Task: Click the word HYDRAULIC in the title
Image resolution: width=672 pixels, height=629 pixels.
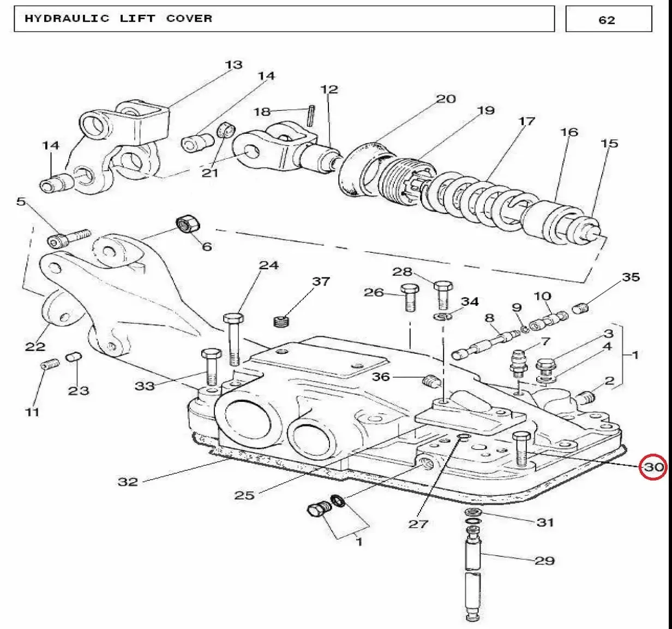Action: tap(67, 18)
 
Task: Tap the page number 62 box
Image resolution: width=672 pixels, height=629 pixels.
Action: tap(609, 19)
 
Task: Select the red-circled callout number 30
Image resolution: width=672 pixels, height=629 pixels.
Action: tap(653, 467)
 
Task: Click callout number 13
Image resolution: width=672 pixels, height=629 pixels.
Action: tap(234, 64)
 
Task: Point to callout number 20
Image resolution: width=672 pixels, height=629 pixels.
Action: tap(446, 99)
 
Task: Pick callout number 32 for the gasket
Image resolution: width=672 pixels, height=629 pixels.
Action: tap(128, 482)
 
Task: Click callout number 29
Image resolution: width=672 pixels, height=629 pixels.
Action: tap(544, 561)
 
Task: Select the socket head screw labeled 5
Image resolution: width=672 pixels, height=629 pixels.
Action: tap(69, 237)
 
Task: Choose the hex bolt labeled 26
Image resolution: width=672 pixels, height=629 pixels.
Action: tap(410, 298)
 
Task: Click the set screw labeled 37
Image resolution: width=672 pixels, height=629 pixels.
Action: tap(281, 321)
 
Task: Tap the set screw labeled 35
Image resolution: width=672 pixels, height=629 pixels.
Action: tap(581, 308)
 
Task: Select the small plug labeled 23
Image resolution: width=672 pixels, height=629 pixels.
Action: tap(74, 357)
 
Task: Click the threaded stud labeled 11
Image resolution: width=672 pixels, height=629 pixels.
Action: tap(50, 365)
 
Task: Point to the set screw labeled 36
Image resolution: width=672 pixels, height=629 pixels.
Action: tap(431, 382)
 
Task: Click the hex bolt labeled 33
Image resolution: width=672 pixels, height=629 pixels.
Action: tap(212, 367)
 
